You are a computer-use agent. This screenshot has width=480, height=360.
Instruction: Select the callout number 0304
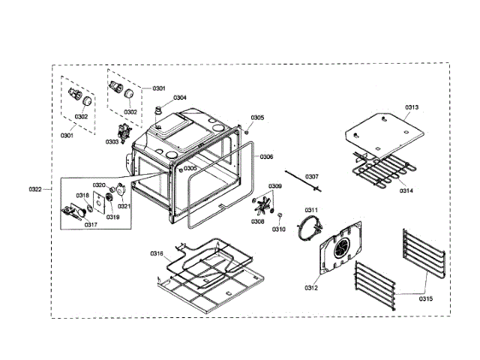click(x=180, y=97)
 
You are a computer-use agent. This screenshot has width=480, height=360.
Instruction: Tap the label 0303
click(x=112, y=141)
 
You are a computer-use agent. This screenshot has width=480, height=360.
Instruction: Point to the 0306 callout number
click(x=266, y=157)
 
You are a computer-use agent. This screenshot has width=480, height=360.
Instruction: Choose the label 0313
click(x=412, y=107)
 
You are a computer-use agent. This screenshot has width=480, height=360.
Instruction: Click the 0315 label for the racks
click(x=425, y=298)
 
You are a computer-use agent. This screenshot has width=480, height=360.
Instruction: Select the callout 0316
click(x=156, y=253)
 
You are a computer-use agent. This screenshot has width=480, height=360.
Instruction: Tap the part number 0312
click(x=311, y=287)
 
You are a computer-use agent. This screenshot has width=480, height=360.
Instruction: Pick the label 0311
click(x=311, y=209)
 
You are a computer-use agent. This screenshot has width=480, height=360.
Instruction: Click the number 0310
click(x=279, y=229)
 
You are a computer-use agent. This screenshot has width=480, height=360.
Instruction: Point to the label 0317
click(x=91, y=224)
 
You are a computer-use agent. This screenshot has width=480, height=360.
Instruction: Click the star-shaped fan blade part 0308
click(x=263, y=203)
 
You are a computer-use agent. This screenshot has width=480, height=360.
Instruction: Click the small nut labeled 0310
click(x=279, y=216)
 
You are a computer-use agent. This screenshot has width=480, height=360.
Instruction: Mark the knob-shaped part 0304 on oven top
click(x=158, y=112)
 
